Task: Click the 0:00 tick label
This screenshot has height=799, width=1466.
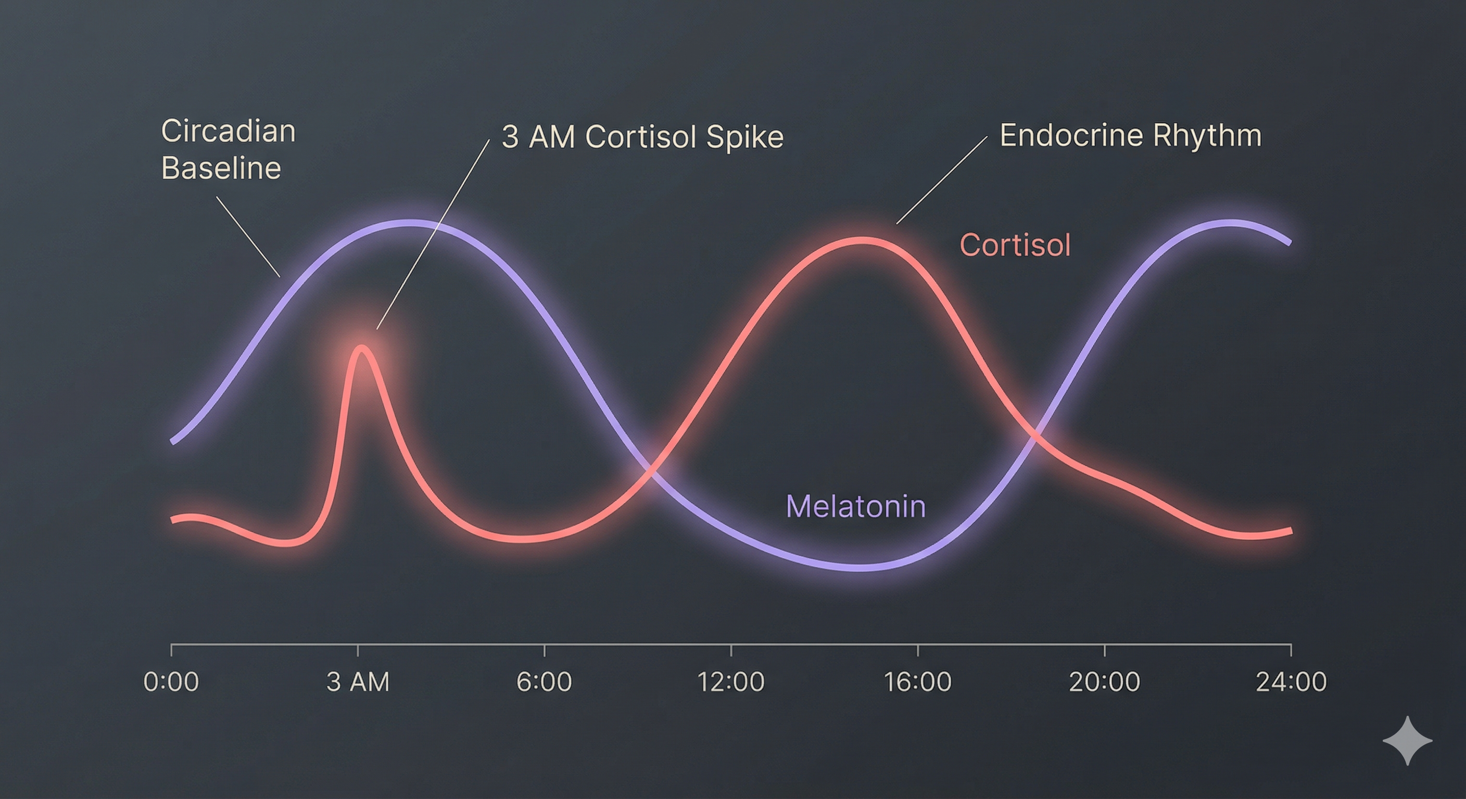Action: (x=171, y=681)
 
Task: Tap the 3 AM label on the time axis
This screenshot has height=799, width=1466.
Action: (x=358, y=681)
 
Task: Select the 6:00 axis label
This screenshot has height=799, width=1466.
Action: (x=544, y=681)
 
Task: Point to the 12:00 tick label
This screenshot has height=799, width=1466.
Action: (x=731, y=681)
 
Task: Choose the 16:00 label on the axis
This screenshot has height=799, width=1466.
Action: (x=917, y=681)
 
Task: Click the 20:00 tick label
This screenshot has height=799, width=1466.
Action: (x=1105, y=681)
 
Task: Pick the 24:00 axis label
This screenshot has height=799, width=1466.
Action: (x=1291, y=681)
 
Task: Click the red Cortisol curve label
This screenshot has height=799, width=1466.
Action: (x=1015, y=245)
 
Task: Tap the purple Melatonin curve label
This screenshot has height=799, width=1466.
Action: (x=856, y=506)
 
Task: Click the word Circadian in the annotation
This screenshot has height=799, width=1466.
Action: (x=229, y=132)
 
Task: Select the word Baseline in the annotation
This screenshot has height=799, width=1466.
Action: (x=221, y=169)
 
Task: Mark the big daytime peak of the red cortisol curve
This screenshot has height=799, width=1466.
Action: (x=863, y=240)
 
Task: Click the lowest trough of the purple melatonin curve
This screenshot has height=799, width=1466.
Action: (x=861, y=567)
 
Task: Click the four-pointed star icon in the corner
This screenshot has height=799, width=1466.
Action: (x=1408, y=740)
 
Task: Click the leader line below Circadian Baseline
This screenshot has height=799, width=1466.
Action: (x=248, y=237)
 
